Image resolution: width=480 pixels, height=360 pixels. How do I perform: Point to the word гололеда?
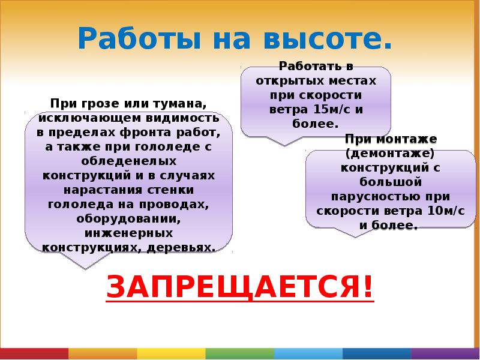point(72,204)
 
